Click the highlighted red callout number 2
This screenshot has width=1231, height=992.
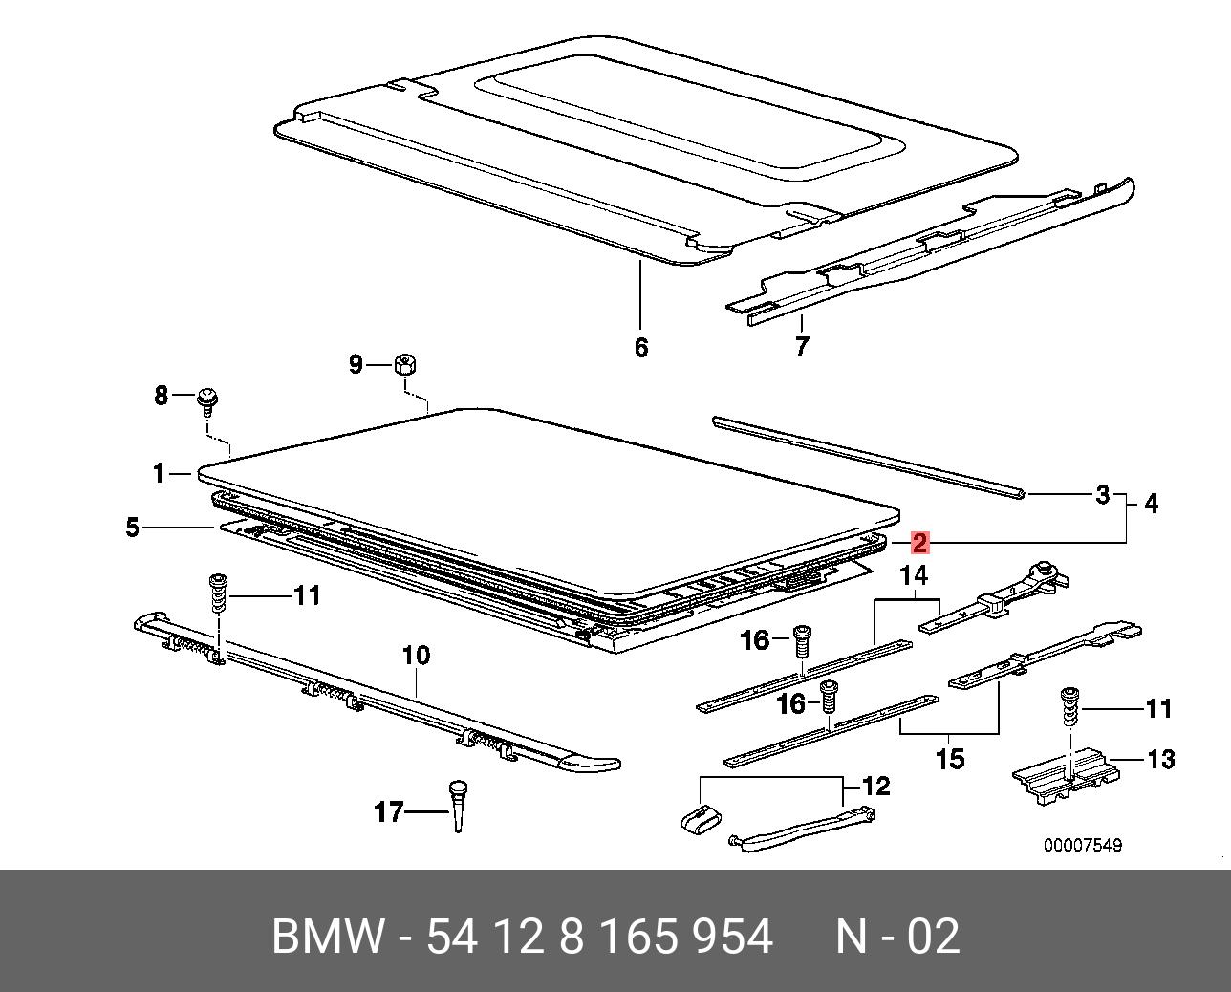click(x=919, y=543)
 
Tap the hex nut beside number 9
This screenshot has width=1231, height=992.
click(x=404, y=364)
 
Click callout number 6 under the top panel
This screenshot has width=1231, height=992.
click(x=640, y=347)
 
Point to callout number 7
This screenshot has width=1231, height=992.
click(x=801, y=345)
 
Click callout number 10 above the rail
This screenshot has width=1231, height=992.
click(x=416, y=657)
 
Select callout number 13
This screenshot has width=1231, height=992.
click(x=1160, y=760)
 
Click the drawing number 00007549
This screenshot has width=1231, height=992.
click(x=1082, y=846)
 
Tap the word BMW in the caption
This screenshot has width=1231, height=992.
click(x=329, y=937)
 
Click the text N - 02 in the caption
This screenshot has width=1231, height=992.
click(x=896, y=937)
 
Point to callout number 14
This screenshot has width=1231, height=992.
click(x=914, y=576)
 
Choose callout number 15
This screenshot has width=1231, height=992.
click(x=949, y=760)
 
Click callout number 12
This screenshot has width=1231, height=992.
click(x=875, y=787)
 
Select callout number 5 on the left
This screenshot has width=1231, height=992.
click(x=133, y=527)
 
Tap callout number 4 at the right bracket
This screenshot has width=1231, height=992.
click(x=1151, y=504)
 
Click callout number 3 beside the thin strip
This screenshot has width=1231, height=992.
click(x=1102, y=495)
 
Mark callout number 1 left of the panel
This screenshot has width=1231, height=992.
click(x=159, y=472)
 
